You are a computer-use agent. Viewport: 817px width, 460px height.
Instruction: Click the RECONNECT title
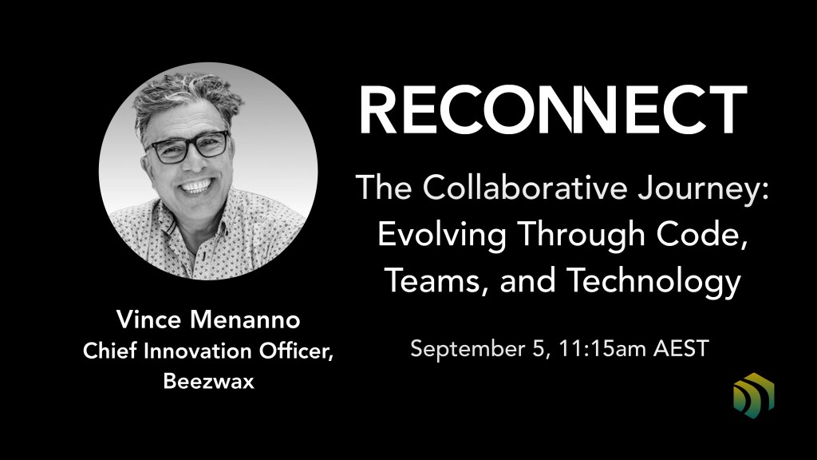click(x=554, y=109)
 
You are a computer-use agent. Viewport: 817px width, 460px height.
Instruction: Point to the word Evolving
click(x=442, y=236)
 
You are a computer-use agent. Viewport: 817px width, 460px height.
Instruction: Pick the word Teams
click(x=435, y=280)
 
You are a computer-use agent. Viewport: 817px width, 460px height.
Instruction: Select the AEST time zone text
click(x=681, y=348)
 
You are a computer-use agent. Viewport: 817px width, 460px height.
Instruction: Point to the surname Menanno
click(x=246, y=319)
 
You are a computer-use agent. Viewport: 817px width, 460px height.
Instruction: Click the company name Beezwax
click(x=208, y=381)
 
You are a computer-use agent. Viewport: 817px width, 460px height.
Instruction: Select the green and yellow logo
click(x=753, y=395)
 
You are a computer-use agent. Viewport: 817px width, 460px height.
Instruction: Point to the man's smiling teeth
click(x=196, y=185)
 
